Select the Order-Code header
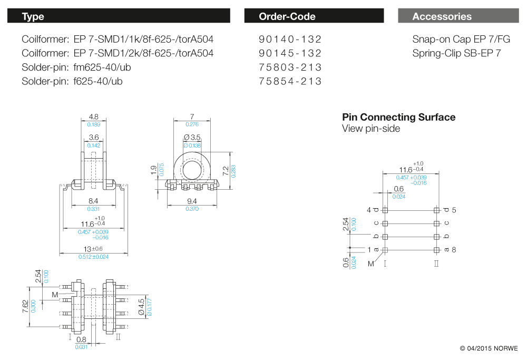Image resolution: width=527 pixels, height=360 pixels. [314, 16]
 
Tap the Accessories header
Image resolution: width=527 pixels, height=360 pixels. [457, 16]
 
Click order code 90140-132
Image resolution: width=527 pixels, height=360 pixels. [290, 40]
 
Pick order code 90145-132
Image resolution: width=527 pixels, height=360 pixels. [290, 53]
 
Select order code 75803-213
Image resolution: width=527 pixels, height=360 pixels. [290, 67]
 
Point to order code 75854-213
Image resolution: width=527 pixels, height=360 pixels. [290, 81]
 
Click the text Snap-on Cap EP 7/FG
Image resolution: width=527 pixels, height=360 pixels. [461, 40]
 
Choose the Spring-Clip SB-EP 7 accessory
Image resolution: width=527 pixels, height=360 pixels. [456, 53]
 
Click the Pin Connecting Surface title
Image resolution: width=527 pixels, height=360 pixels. [398, 117]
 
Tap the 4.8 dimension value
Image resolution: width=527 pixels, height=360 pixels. [93, 117]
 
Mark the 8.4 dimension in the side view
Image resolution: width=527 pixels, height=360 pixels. [93, 201]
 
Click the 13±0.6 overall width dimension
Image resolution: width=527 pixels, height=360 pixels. [93, 249]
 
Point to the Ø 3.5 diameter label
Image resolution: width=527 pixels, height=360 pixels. [192, 138]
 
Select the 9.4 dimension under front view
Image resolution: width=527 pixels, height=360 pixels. [192, 201]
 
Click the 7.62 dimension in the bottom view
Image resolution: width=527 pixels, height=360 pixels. [25, 306]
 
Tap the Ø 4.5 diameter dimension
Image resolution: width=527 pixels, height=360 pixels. [141, 305]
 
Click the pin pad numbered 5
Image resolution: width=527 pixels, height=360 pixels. [436, 210]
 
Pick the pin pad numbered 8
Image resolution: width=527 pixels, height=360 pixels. [436, 250]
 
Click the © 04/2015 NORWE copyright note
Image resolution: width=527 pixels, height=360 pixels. [489, 348]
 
